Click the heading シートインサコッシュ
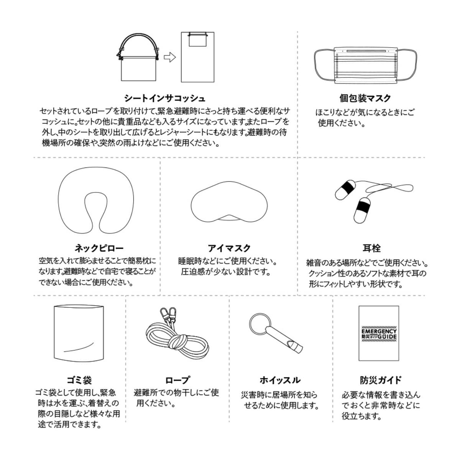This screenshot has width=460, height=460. pyautogui.click(x=164, y=98)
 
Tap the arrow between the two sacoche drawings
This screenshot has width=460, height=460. pyautogui.click(x=169, y=58)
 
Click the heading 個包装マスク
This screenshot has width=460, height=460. pyautogui.click(x=365, y=98)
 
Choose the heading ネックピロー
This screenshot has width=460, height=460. pyautogui.click(x=99, y=248)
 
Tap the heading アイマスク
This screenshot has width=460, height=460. pyautogui.click(x=229, y=248)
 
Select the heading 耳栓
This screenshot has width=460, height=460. pyautogui.click(x=371, y=248)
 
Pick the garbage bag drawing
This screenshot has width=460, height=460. pyautogui.click(x=79, y=332)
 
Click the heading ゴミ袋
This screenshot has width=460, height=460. pyautogui.click(x=79, y=380)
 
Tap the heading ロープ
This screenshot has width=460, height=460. pyautogui.click(x=177, y=380)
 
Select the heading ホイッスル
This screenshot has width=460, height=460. pyautogui.click(x=280, y=380)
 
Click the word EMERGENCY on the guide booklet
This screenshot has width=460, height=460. pyautogui.click(x=379, y=331)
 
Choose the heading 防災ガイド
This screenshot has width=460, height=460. pyautogui.click(x=380, y=380)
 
